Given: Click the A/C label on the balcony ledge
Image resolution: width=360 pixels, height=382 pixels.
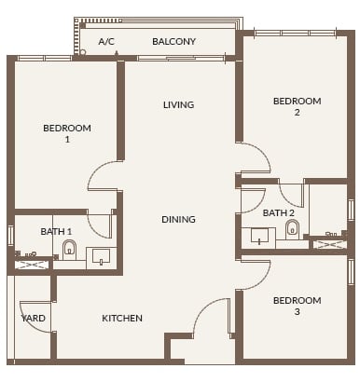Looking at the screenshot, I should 106,41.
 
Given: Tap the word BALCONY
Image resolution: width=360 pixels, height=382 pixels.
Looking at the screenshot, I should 173,41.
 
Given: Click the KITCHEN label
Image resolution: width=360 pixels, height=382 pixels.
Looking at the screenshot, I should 122,318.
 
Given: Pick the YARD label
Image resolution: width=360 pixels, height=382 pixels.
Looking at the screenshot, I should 34,318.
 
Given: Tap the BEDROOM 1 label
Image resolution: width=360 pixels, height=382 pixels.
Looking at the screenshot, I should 67,133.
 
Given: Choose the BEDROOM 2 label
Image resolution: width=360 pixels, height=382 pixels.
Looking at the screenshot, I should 297,106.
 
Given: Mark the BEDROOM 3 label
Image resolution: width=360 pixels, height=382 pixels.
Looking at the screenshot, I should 297,306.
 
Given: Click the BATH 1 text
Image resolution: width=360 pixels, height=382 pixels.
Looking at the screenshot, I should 56,231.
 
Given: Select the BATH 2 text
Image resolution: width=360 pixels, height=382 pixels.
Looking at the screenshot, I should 279,213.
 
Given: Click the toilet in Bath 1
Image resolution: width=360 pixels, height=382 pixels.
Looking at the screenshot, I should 69,249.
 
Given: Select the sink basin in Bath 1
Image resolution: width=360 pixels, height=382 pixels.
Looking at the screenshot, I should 99,256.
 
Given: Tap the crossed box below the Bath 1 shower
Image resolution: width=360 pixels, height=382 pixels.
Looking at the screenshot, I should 29,266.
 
